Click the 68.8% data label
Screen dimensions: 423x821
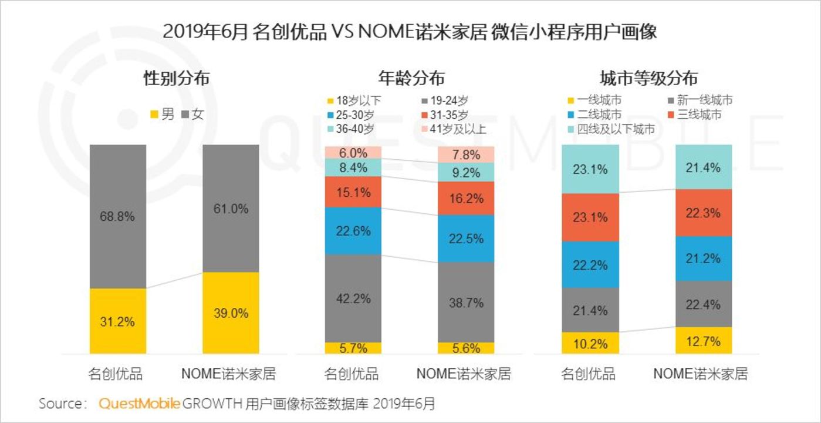117,216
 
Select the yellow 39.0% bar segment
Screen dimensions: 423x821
231,312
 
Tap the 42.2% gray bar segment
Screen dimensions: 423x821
353,298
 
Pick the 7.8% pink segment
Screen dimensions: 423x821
467,154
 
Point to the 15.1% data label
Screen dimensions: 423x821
353,192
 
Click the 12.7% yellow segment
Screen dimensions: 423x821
704,340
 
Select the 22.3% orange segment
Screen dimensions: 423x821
704,213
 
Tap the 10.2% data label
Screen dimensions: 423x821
590,344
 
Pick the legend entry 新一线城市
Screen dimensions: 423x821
699,100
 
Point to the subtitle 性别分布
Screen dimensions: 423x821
176,78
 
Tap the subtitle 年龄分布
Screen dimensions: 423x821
411,78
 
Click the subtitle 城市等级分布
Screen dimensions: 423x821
648,78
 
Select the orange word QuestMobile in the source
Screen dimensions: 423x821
139,404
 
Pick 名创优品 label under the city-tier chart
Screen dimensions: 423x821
589,374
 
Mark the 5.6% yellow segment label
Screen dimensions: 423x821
467,348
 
